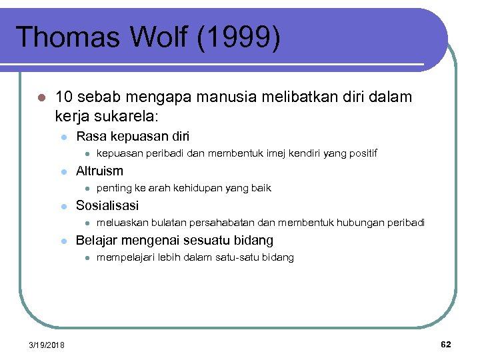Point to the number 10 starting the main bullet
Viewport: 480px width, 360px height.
65,97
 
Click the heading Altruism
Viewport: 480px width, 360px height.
99,171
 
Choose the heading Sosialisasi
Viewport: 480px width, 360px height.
107,206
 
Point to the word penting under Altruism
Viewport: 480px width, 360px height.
114,189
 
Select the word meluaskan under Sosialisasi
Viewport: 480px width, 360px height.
122,223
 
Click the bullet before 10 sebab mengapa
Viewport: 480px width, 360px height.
41,98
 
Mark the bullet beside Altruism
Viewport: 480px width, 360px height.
64,172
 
